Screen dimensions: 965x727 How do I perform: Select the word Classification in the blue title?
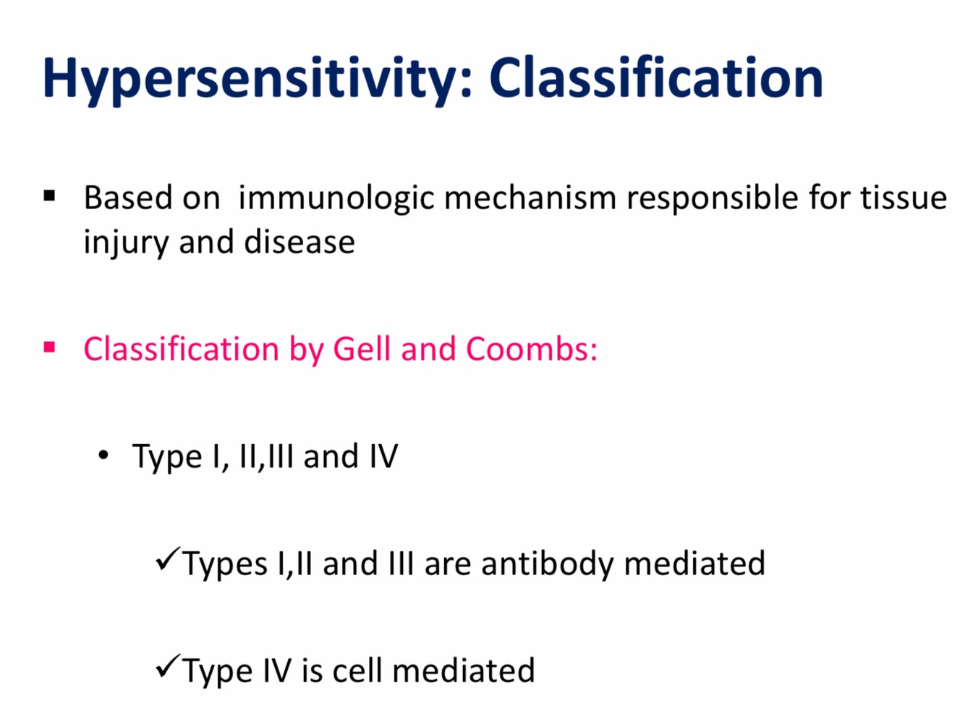pyautogui.click(x=656, y=77)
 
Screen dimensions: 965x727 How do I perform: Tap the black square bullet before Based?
pyautogui.click(x=49, y=196)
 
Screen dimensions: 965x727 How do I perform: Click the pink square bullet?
pyautogui.click(x=49, y=348)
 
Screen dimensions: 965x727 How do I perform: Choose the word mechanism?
pyautogui.click(x=530, y=197)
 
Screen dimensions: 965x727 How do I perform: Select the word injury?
pyautogui.click(x=126, y=243)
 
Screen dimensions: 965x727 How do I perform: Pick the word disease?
pyautogui.click(x=299, y=242)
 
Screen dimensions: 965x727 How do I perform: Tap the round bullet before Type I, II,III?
pyautogui.click(x=103, y=455)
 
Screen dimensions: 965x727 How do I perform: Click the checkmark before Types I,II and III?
pyautogui.click(x=168, y=558)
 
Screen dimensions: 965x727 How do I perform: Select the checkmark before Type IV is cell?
pyautogui.click(x=168, y=666)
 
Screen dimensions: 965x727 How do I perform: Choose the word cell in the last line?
pyautogui.click(x=357, y=671)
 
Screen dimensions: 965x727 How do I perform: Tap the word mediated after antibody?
pyautogui.click(x=694, y=563)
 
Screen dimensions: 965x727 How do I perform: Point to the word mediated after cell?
pyautogui.click(x=464, y=671)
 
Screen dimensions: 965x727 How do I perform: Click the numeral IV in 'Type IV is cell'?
pyautogui.click(x=277, y=671)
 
